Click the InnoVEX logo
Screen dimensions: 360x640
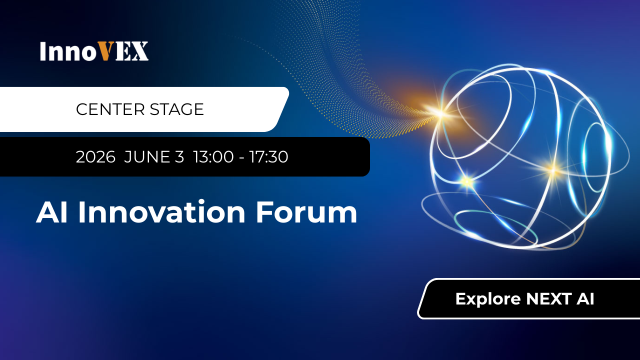click(94, 51)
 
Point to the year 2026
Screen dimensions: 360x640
click(95, 157)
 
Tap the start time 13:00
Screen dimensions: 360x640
click(213, 157)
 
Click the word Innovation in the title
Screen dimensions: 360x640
click(162, 212)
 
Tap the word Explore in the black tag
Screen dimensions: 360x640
click(488, 299)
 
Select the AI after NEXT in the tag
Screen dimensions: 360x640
click(584, 299)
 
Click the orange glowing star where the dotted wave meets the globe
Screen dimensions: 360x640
click(440, 113)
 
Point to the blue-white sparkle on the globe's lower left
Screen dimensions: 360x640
click(467, 181)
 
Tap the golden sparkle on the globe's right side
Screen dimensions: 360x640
click(553, 169)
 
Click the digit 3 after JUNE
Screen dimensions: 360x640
click(179, 157)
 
